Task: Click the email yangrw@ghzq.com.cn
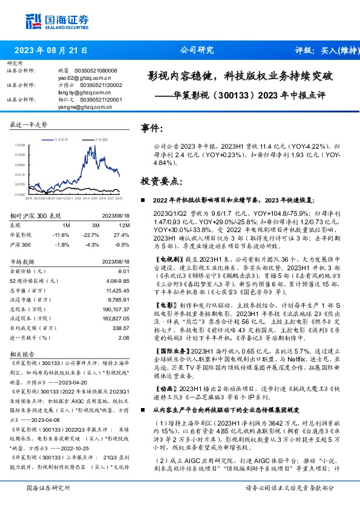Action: click(85, 106)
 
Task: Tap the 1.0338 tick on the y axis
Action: click(21, 145)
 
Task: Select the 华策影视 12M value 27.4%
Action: click(121, 233)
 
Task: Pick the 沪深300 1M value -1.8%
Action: click(61, 244)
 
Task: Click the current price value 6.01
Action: click(124, 272)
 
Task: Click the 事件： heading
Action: click(151, 128)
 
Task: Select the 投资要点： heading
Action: click(160, 181)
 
